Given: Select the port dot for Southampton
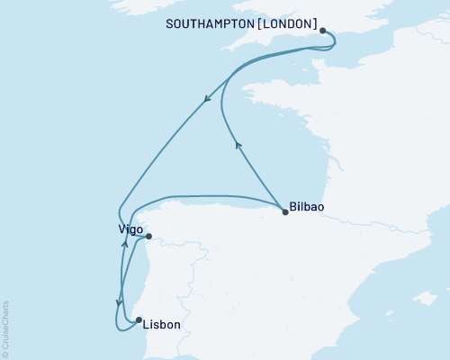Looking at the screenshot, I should (x=322, y=30).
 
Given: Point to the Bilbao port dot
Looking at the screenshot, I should (x=285, y=212).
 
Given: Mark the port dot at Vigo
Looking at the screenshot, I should (x=149, y=237).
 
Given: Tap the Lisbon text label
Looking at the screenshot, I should (x=162, y=324).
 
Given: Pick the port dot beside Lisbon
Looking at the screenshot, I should (x=138, y=319).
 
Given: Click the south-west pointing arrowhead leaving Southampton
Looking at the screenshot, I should (x=208, y=100).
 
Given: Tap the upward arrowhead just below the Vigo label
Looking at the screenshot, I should (x=124, y=244).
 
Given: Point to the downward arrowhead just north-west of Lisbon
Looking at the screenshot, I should (x=118, y=303).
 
